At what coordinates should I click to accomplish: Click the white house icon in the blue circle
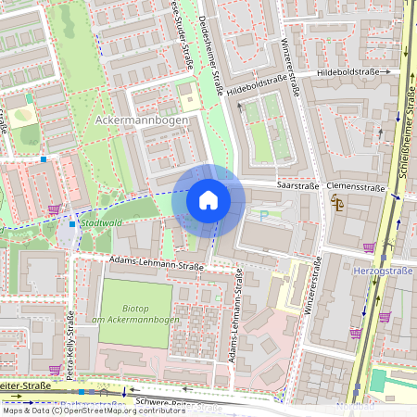pos(208,199)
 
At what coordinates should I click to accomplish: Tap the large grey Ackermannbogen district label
pos(142,120)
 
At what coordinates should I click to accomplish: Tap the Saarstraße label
pos(297,186)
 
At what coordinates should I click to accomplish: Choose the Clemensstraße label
pos(357,187)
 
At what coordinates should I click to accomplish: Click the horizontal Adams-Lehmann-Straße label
pos(156,266)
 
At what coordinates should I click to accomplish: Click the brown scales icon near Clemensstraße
pos(337,203)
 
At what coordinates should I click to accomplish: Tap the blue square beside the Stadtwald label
pos(73,223)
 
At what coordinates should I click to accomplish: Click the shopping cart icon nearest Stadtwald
pos(55,209)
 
